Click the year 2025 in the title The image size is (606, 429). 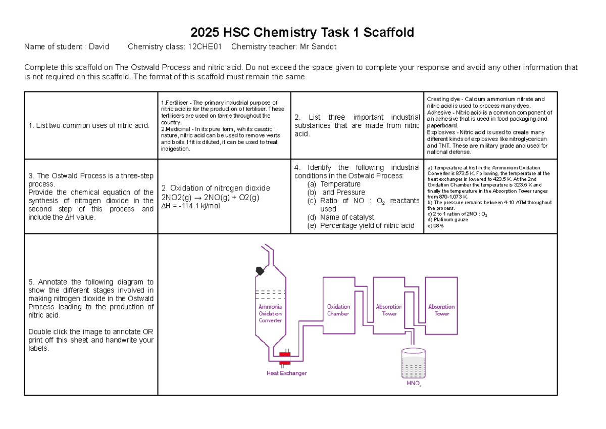click(204, 33)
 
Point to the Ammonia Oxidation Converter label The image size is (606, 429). click(270, 313)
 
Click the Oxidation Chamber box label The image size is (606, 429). click(338, 310)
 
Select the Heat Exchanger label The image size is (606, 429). click(286, 373)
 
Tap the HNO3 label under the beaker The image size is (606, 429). click(414, 385)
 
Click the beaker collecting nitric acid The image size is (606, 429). click(414, 364)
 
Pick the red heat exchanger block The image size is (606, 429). click(285, 358)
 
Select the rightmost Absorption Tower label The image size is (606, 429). click(441, 310)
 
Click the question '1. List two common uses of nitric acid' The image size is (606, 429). click(89, 125)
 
